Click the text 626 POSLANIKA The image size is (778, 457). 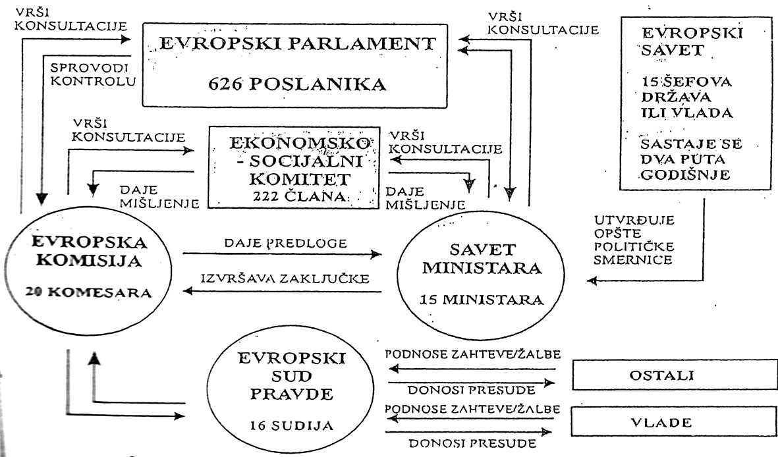296,84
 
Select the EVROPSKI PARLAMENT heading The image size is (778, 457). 297,43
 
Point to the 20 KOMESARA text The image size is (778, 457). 89,292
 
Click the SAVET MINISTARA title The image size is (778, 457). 482,259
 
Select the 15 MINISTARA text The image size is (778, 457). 482,300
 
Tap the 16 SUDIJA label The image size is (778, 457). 291,425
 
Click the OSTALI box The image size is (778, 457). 675,375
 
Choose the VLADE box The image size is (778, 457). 674,422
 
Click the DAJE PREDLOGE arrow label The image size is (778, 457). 286,243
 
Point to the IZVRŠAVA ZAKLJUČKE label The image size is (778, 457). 285,278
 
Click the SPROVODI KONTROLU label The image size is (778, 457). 93,74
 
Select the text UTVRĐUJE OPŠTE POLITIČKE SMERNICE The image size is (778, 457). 634,240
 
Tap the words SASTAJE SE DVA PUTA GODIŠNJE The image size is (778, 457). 690,159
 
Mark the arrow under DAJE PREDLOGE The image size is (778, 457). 282,255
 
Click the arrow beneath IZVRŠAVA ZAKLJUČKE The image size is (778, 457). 282,291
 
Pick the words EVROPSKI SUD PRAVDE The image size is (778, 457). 291,376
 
